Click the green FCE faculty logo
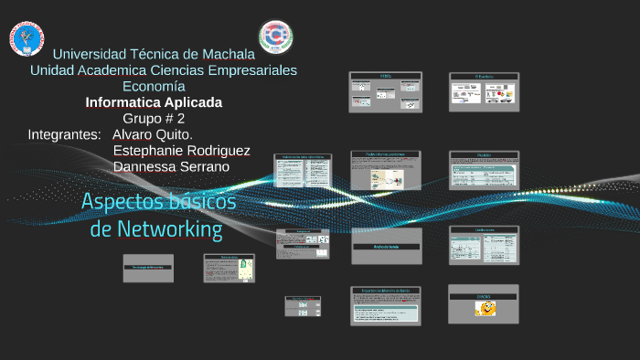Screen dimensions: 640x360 click(x=275, y=37)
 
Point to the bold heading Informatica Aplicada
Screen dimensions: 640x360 click(x=154, y=102)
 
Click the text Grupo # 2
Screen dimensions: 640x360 click(x=154, y=119)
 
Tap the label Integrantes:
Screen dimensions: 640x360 click(x=64, y=134)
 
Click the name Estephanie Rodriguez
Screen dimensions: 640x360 click(x=181, y=151)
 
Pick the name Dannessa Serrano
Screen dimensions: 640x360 click(x=171, y=166)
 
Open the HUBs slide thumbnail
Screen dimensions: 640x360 click(x=385, y=91)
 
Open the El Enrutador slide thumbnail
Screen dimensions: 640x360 click(x=484, y=91)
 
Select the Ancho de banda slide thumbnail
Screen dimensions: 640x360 click(x=386, y=245)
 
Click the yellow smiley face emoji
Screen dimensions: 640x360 click(x=485, y=309)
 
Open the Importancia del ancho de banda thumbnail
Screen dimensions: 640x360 click(x=386, y=306)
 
